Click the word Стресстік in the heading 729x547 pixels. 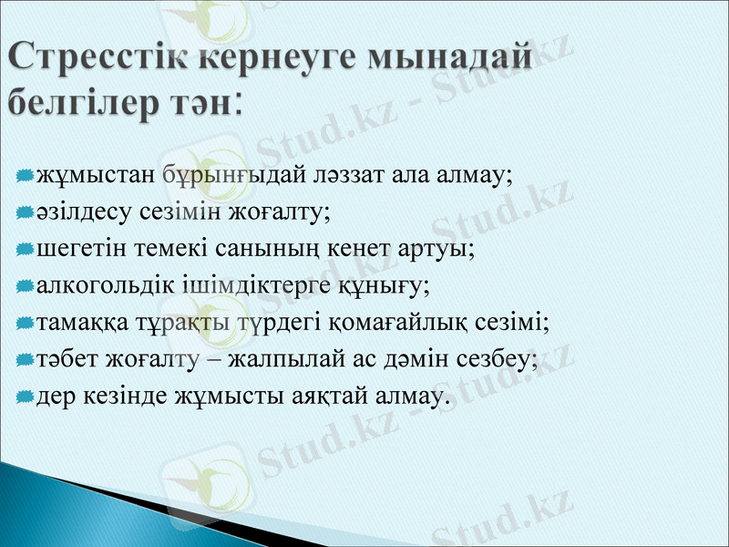(x=95, y=57)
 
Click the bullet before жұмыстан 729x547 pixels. (x=25, y=174)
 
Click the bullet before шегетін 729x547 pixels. (x=25, y=248)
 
